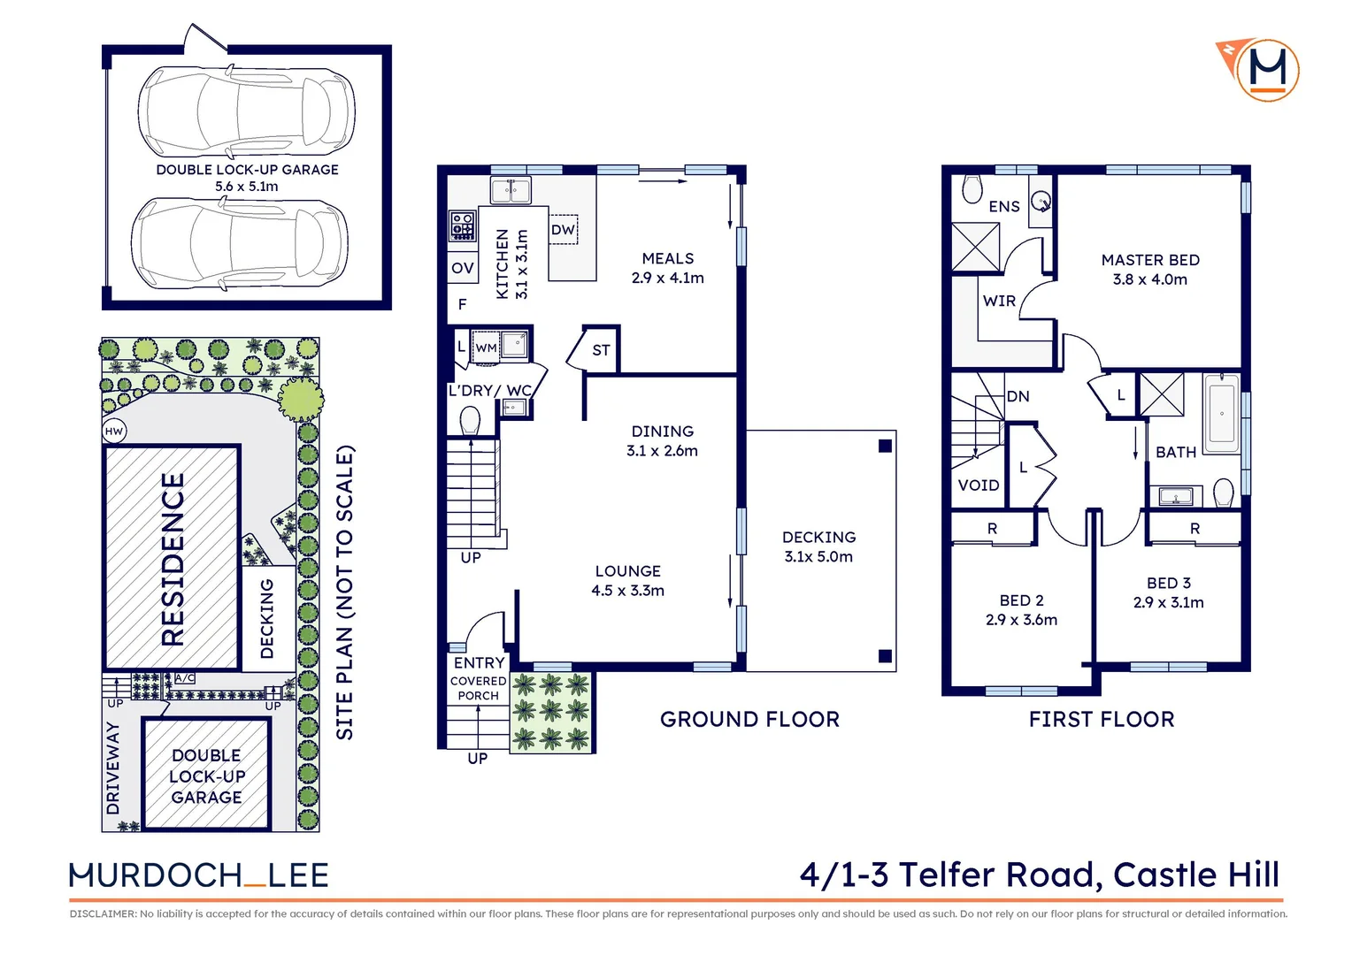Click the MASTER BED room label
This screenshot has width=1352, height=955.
[x=1150, y=260]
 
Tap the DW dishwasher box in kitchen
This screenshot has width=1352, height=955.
[x=564, y=230]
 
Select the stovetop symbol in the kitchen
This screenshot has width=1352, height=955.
[x=462, y=226]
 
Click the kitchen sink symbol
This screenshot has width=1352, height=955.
[x=511, y=189]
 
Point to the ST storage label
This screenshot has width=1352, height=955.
[x=601, y=350]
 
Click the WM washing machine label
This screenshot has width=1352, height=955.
[x=486, y=348]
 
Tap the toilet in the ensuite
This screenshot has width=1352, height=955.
[x=972, y=189]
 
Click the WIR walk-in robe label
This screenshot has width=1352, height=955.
[x=999, y=301]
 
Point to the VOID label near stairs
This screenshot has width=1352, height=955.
[x=979, y=485]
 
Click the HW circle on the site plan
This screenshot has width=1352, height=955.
[x=114, y=432]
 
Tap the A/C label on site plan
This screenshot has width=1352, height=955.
[x=185, y=678]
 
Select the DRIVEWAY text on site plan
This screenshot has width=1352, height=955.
[x=113, y=768]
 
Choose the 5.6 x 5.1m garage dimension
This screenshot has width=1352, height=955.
[x=246, y=187]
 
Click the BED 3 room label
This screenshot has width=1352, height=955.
[x=1168, y=583]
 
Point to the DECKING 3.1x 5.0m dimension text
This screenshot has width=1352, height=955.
[x=818, y=556]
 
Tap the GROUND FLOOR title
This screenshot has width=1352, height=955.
[x=749, y=719]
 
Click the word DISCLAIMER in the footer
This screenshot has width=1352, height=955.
[x=102, y=913]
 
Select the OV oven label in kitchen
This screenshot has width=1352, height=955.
[x=462, y=268]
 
